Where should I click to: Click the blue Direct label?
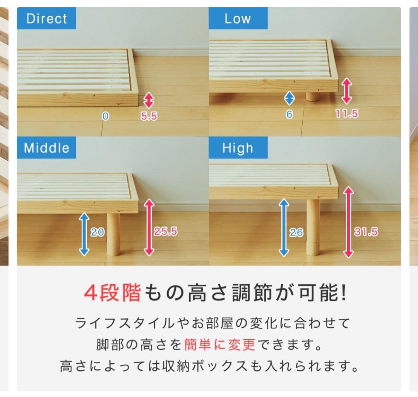(46, 19)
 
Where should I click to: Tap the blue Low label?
(238, 19)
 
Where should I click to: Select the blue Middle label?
(46, 148)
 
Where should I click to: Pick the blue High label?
(238, 148)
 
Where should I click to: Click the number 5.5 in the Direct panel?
(149, 116)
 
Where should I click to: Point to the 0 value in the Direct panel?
(105, 116)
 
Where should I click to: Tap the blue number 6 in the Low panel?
(289, 115)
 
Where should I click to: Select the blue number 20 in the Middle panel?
(98, 232)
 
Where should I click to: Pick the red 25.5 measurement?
(166, 232)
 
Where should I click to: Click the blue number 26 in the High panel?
(296, 232)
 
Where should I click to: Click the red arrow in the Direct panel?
(149, 100)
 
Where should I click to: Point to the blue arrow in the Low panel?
(289, 98)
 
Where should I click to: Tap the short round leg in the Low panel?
(313, 96)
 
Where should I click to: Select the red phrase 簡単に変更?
(220, 344)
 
